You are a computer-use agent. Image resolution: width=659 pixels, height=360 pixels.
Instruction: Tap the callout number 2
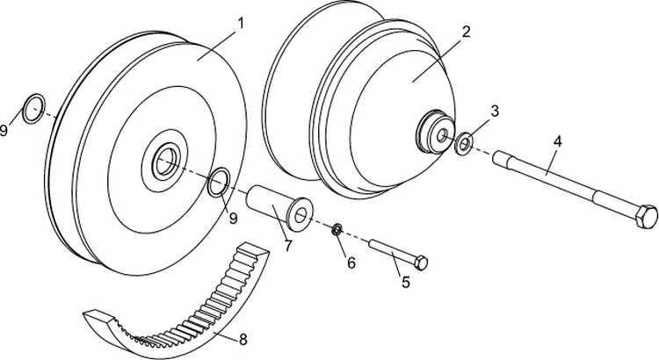467,32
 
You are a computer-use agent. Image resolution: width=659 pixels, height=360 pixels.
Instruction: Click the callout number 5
405,282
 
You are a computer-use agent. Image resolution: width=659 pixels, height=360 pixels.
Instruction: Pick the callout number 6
351,261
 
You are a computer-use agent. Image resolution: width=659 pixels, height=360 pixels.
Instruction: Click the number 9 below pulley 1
234,217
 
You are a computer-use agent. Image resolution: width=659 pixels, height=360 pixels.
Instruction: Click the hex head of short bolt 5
421,263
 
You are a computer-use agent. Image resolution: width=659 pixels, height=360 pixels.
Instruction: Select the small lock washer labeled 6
336,230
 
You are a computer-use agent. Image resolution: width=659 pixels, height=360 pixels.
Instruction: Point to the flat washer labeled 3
463,140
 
